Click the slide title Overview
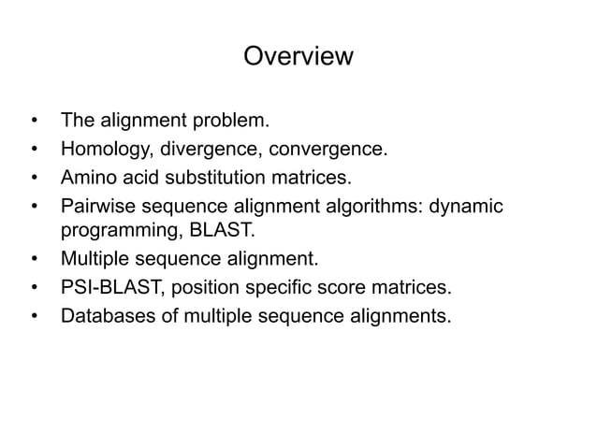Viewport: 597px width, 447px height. click(x=298, y=57)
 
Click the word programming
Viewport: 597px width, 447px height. click(x=115, y=230)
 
